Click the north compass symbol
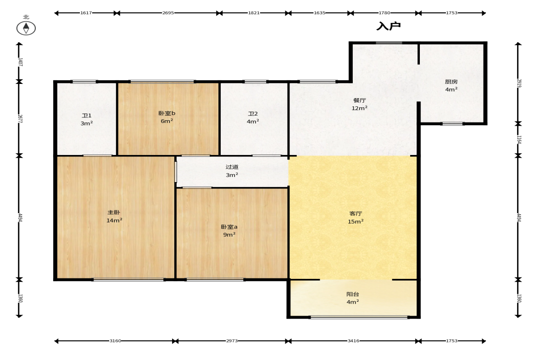pos(26,28)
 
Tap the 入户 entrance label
pos(389,26)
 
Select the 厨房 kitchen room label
pos(451,82)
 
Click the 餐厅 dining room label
pos(360,100)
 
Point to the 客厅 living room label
pos(356,214)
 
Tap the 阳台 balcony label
pos(353,294)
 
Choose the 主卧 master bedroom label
pos(114,213)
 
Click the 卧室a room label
pos(229,227)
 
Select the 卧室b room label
pos(167,113)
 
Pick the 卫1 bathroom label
pos(86,116)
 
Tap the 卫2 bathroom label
pos(253,114)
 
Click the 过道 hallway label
pos(232,167)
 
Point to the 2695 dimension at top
pos(168,13)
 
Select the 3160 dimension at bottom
pos(115,341)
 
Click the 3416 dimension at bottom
pos(353,341)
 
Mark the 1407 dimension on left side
pos(20,62)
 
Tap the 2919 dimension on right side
pos(519,83)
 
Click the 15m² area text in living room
pos(356,222)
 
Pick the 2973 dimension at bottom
pos(232,341)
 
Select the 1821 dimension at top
pos(254,13)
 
